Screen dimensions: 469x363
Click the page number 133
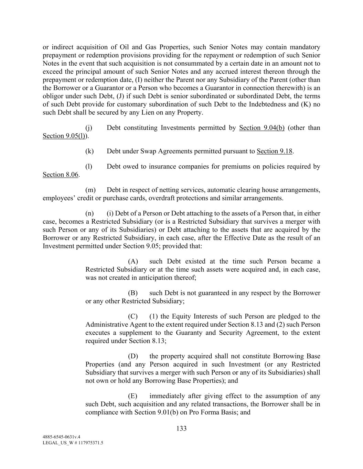[181, 428]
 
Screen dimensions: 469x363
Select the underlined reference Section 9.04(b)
[261, 128]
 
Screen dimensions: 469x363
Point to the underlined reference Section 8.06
[61, 175]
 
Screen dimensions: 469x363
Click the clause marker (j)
[89, 128]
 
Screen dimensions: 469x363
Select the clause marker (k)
[89, 151]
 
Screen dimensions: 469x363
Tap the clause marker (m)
[90, 190]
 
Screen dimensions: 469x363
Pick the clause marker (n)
[89, 213]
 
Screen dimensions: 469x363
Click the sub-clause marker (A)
[133, 261]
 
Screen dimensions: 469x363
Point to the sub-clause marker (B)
[133, 293]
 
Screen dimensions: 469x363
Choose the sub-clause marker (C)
[133, 316]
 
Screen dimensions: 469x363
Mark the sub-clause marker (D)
[133, 356]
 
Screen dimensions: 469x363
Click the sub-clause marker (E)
[132, 396]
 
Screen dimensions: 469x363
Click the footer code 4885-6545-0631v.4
[61, 437]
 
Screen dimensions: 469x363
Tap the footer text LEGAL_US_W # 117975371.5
[73, 443]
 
